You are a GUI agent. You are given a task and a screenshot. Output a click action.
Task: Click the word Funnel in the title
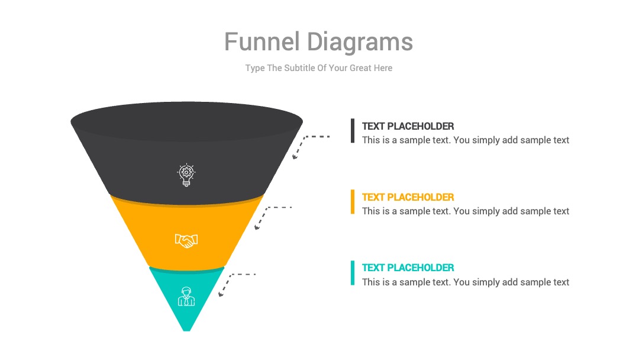(x=262, y=41)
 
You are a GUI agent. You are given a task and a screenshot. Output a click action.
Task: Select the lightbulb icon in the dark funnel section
(x=186, y=175)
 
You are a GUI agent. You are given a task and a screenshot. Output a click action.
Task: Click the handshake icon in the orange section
(x=186, y=240)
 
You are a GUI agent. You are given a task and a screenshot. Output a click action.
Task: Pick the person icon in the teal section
(x=186, y=297)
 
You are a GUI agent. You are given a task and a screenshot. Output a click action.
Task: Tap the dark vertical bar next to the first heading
(x=353, y=131)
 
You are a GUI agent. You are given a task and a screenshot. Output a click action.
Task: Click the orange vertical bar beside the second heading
(x=353, y=202)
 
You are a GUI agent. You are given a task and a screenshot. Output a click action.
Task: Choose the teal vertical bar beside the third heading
(x=353, y=273)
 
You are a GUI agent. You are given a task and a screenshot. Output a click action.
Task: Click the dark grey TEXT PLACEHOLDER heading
(x=408, y=126)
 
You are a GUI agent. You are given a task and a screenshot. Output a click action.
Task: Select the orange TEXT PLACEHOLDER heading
(x=408, y=197)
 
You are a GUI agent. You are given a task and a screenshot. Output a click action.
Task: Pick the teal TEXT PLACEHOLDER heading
(x=408, y=268)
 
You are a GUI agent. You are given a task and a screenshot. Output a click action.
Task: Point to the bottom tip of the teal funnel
(x=186, y=330)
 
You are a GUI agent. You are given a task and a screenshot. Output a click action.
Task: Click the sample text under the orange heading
(x=466, y=211)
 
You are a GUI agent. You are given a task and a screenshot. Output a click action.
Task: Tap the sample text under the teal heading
(x=466, y=282)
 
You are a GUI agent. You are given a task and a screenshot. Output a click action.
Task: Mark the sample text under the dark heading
(x=466, y=140)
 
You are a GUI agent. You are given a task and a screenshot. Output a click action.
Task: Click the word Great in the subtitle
(x=360, y=67)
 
